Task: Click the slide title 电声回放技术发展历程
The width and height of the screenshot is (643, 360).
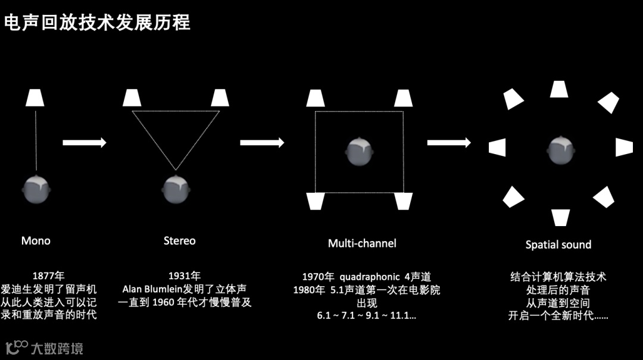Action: [97, 23]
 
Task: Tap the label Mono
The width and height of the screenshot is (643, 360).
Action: [36, 241]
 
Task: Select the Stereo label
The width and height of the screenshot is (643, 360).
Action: [179, 241]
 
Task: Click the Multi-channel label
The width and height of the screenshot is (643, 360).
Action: [362, 243]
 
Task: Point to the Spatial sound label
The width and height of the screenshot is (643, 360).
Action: [558, 245]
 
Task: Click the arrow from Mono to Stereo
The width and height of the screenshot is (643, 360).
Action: [85, 143]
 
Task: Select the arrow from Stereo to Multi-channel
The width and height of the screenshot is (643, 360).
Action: [262, 143]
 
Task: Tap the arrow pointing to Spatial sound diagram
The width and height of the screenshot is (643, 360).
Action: [449, 143]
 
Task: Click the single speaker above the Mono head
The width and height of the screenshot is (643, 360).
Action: [36, 98]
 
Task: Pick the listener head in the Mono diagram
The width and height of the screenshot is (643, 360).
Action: [36, 190]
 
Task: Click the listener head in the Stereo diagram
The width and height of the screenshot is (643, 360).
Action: [176, 190]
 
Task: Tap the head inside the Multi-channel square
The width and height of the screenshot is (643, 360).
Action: [360, 151]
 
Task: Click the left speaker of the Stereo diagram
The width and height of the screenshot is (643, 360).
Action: [132, 98]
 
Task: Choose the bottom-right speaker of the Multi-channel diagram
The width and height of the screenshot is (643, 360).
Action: [403, 202]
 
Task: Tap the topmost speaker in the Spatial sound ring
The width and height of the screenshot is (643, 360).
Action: [558, 89]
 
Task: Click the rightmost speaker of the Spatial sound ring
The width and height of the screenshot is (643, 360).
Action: [623, 148]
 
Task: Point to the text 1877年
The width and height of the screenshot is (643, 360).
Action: [48, 276]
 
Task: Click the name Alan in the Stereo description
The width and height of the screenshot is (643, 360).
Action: [134, 289]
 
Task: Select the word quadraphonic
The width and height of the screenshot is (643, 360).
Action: [368, 277]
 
